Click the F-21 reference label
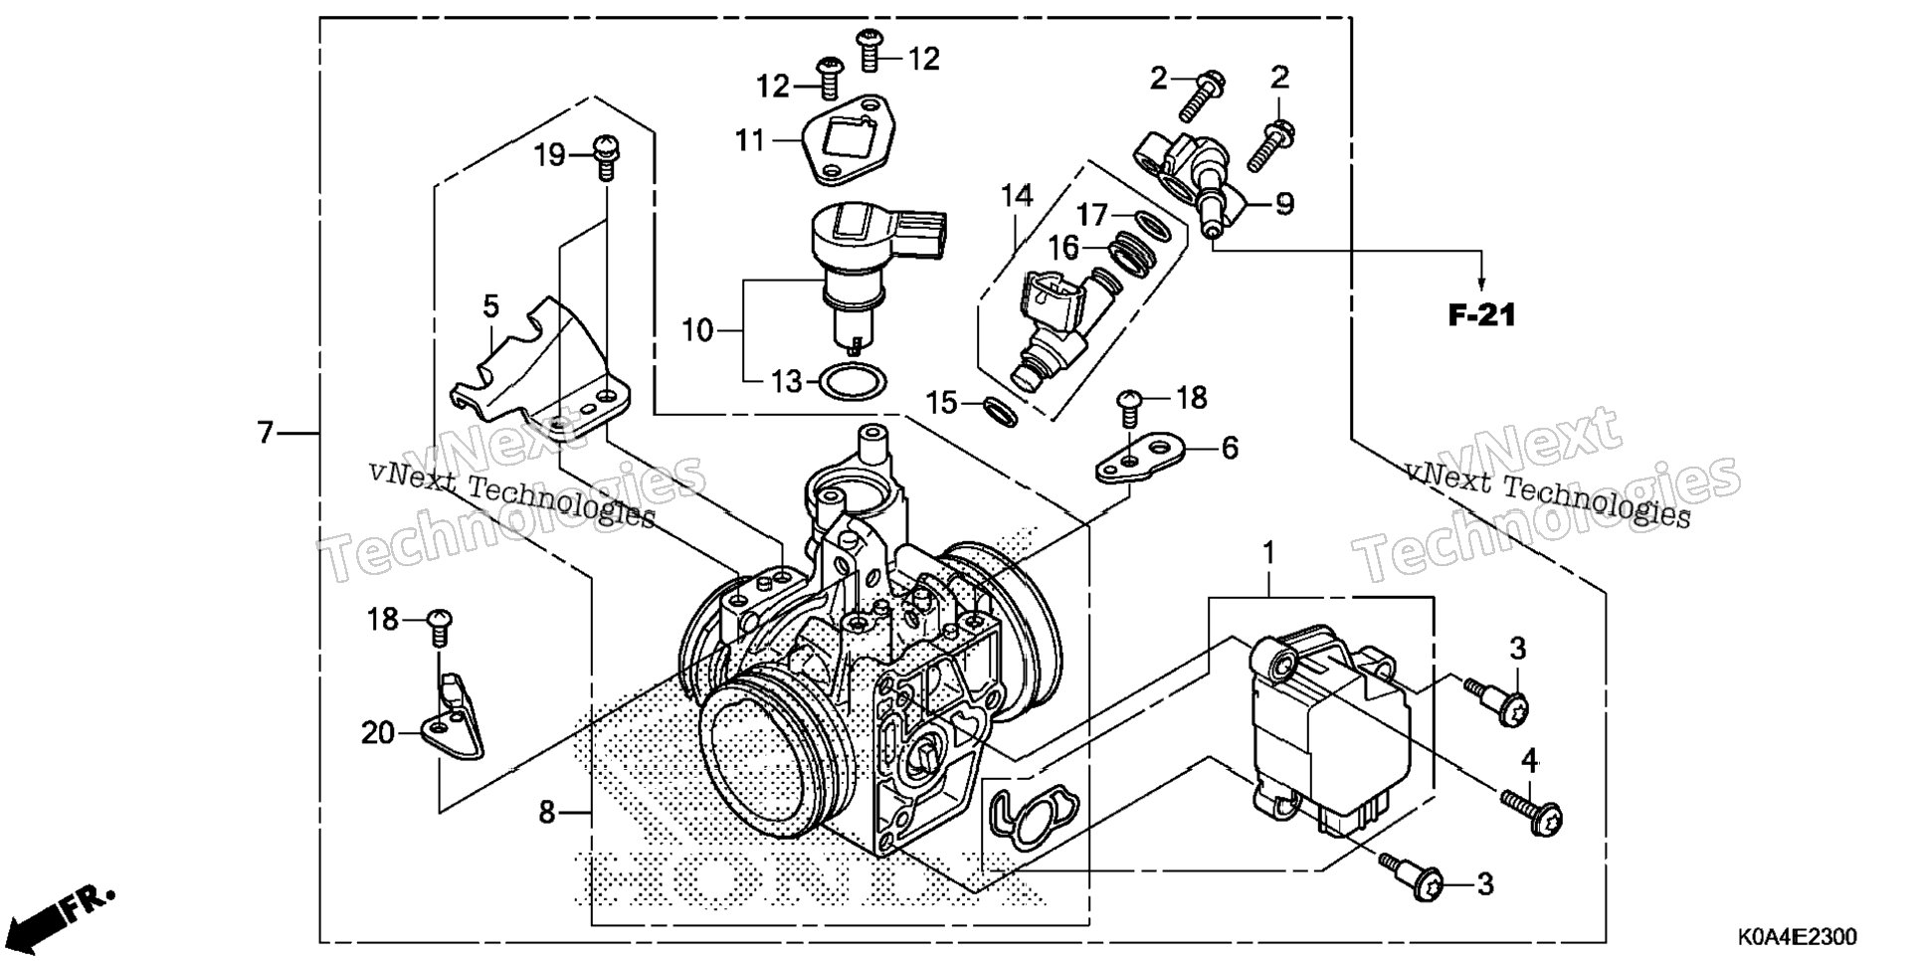[x=1481, y=316]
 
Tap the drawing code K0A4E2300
[x=1797, y=938]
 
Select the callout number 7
[x=265, y=433]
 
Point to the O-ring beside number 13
[x=853, y=381]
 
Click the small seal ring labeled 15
[x=1000, y=411]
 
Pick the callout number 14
[x=1017, y=196]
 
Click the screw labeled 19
[x=605, y=156]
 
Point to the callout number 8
[x=546, y=813]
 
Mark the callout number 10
[x=698, y=329]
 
